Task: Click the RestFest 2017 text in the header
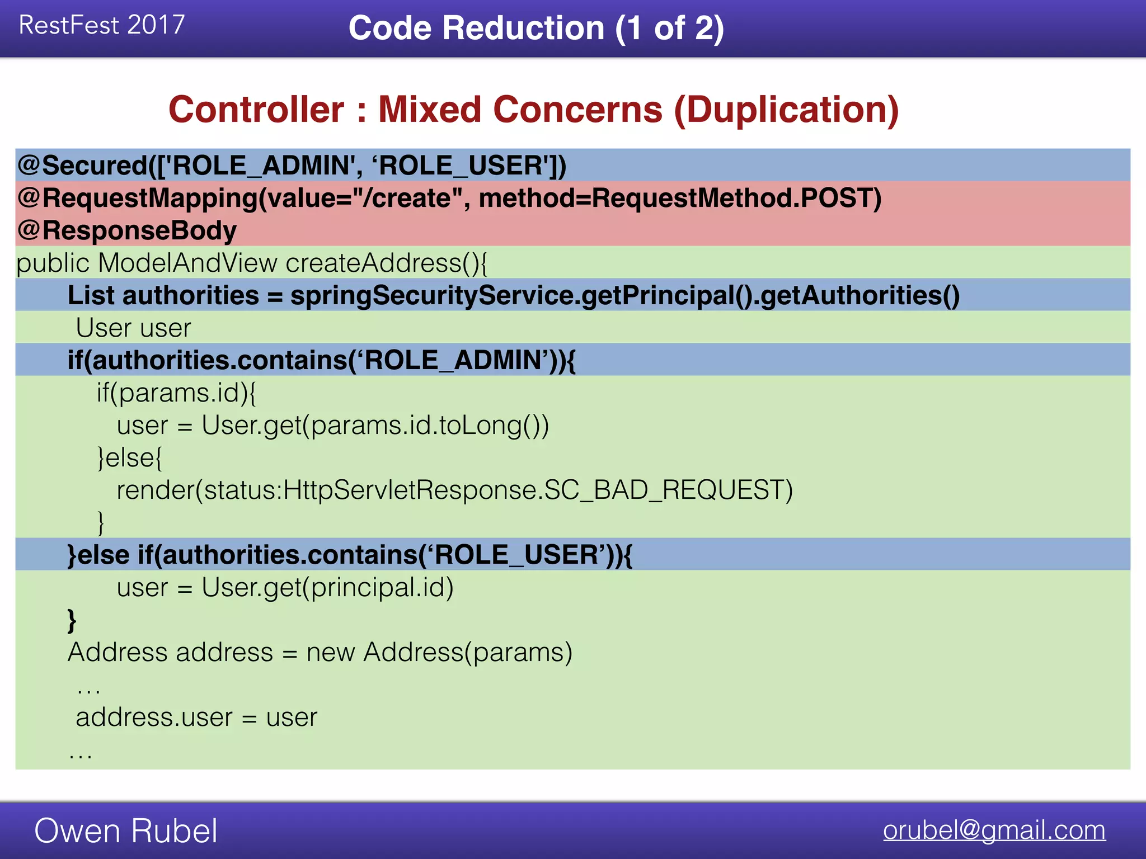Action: click(101, 25)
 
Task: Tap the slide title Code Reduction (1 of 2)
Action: click(536, 28)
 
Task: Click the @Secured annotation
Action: click(84, 166)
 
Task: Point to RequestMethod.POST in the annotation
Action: click(735, 198)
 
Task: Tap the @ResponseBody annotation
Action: click(127, 230)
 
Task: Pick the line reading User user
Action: click(133, 328)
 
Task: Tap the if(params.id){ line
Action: click(176, 393)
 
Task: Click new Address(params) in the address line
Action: click(439, 652)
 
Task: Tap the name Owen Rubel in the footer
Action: click(126, 830)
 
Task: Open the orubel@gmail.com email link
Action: click(994, 830)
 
